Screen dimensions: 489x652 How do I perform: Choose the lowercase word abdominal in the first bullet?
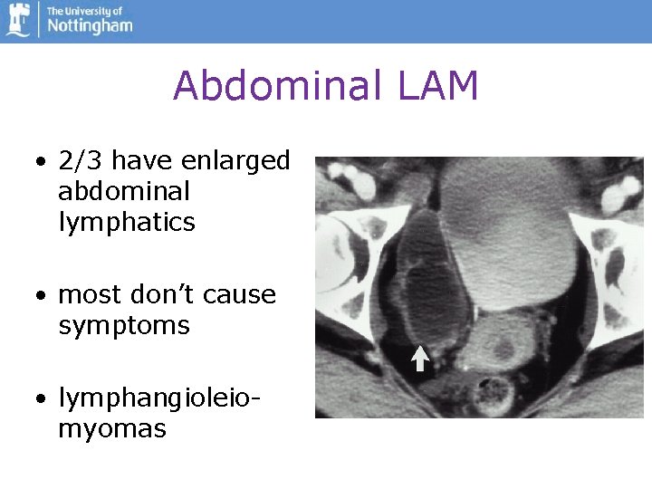(124, 192)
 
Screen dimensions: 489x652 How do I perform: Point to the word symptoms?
(124, 327)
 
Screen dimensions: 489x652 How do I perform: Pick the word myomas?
(112, 429)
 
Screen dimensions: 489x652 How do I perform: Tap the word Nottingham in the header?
(90, 26)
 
